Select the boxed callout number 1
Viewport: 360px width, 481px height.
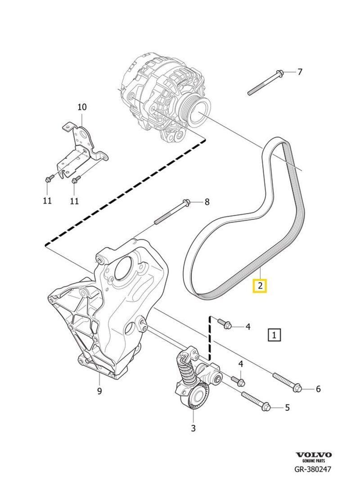coord(274,335)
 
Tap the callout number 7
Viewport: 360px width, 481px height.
coord(300,72)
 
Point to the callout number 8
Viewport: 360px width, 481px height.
coord(207,202)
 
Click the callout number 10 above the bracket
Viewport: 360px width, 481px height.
coord(82,107)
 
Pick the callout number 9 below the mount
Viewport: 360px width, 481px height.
coord(99,390)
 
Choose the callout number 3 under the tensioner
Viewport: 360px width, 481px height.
coord(193,428)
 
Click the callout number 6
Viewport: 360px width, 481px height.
coord(318,389)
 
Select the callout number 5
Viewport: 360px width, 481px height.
coord(287,408)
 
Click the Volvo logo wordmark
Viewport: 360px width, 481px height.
coord(314,455)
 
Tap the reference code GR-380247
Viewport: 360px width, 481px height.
coord(313,469)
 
